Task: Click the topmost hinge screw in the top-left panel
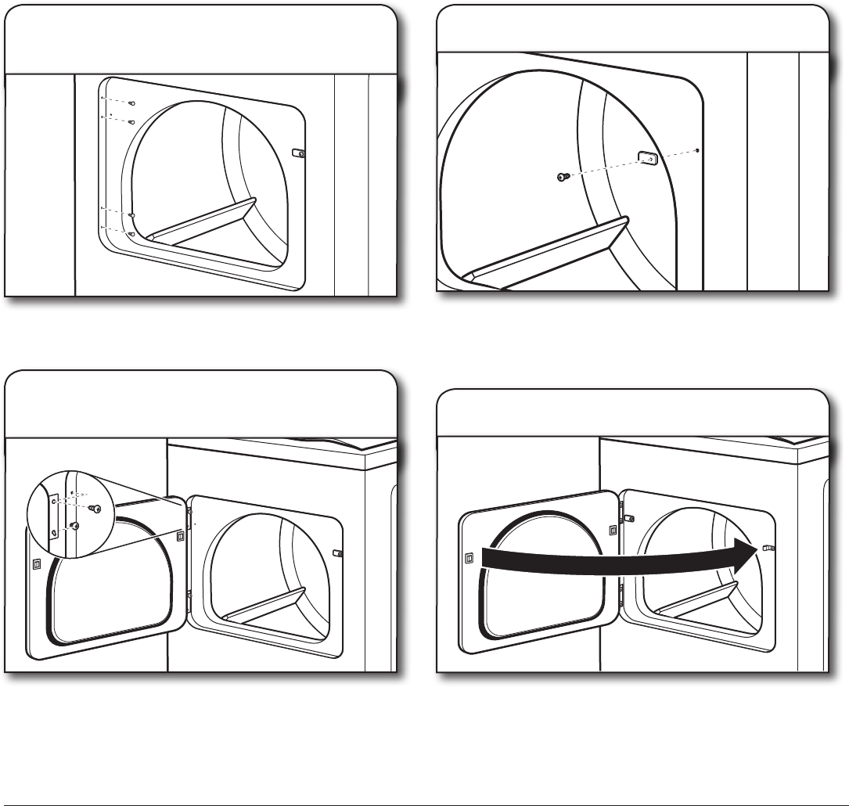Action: click(x=131, y=103)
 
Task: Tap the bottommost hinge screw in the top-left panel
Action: click(x=131, y=233)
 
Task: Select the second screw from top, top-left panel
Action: click(x=131, y=122)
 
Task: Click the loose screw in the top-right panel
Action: click(x=561, y=178)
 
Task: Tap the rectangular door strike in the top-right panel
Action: click(x=646, y=158)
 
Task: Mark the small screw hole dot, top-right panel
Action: click(x=696, y=149)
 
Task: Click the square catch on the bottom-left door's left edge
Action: click(x=36, y=563)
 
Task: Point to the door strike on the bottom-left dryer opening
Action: click(x=338, y=552)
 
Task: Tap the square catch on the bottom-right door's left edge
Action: click(x=468, y=558)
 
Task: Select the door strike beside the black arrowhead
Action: click(x=768, y=549)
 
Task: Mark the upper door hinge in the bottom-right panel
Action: click(x=628, y=518)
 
